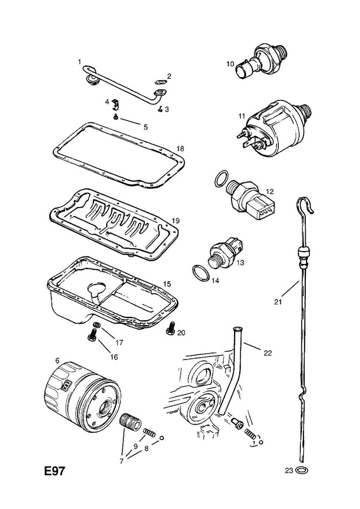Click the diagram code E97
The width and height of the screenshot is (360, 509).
55,471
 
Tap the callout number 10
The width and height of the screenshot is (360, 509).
230,64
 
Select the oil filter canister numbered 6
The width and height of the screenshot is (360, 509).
81,398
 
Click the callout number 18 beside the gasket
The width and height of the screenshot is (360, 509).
180,149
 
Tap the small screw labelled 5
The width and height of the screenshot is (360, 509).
116,117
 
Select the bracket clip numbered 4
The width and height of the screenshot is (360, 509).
116,103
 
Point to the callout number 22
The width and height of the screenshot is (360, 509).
268,353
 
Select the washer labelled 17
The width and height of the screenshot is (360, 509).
97,325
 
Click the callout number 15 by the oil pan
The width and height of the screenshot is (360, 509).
167,284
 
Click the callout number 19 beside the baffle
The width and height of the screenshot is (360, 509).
176,221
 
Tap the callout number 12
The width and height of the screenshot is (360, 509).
270,192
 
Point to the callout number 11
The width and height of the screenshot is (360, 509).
242,116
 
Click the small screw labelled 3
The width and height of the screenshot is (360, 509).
160,109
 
